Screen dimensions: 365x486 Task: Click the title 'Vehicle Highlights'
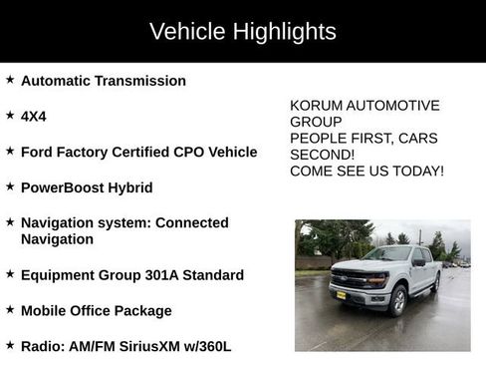pos(242,32)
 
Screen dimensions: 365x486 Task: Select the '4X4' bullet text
pos(33,117)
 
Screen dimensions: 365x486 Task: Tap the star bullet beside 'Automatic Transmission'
pos(10,80)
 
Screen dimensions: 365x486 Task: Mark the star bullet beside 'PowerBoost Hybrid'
pos(10,186)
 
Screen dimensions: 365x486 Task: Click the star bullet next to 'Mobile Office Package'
pos(10,310)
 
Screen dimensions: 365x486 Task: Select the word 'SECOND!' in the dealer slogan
pos(322,155)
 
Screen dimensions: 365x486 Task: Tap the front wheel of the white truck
pos(397,299)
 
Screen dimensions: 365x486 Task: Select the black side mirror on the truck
pos(418,262)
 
